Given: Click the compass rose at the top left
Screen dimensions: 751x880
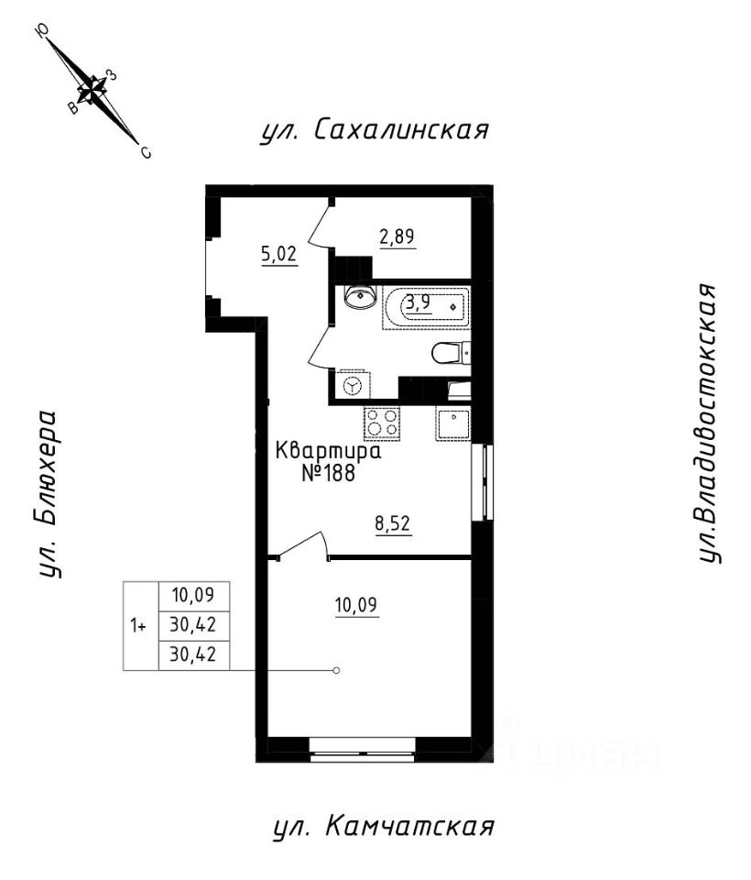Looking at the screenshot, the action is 92,90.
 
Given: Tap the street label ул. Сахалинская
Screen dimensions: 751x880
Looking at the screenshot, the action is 371,130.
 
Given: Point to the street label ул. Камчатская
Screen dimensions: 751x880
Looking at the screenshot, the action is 384,828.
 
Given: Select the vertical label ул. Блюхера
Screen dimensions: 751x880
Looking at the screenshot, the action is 49,495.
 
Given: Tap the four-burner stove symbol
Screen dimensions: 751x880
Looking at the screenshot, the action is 382,423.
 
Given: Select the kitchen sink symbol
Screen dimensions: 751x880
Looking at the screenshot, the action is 452,424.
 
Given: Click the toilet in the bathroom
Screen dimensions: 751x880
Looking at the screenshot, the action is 452,353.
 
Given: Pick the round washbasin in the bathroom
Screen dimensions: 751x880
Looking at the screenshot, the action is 359,297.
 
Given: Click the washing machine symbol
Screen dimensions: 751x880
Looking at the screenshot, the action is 353,386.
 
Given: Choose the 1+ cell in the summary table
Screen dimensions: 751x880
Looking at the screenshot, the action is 139,626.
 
